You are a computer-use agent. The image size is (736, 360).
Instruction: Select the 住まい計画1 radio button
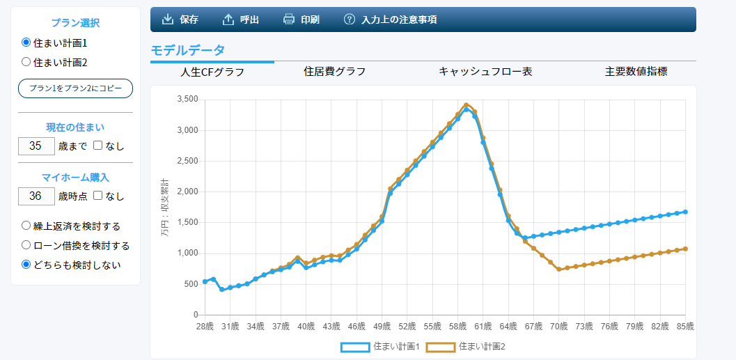[x=26, y=42]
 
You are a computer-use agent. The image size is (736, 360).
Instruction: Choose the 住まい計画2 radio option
[x=26, y=62]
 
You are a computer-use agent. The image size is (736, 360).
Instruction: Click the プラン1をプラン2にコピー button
[x=75, y=88]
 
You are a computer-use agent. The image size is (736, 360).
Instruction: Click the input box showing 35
[x=36, y=146]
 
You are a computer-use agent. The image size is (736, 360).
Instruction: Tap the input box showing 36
[x=36, y=196]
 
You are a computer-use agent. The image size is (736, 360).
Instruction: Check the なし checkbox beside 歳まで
[x=98, y=146]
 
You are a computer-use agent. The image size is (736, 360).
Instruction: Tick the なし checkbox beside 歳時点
[x=98, y=196]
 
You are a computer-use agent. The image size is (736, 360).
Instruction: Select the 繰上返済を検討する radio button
[x=26, y=226]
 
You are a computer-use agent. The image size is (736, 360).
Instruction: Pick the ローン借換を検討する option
[x=26, y=245]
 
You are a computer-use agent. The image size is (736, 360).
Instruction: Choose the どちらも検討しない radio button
[x=26, y=265]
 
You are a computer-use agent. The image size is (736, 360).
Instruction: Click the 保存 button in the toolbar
[x=180, y=19]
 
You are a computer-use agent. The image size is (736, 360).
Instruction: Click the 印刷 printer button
[x=302, y=19]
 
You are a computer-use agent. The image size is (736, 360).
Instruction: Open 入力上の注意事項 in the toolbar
[x=391, y=19]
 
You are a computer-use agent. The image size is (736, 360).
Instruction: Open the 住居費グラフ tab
[x=334, y=72]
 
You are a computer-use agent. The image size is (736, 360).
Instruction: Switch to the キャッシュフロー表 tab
[x=485, y=72]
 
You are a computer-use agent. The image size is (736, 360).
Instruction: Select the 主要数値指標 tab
[x=636, y=72]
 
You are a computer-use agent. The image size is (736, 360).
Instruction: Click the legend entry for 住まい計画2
[x=466, y=346]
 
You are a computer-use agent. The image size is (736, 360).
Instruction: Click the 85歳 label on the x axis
[x=685, y=325]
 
